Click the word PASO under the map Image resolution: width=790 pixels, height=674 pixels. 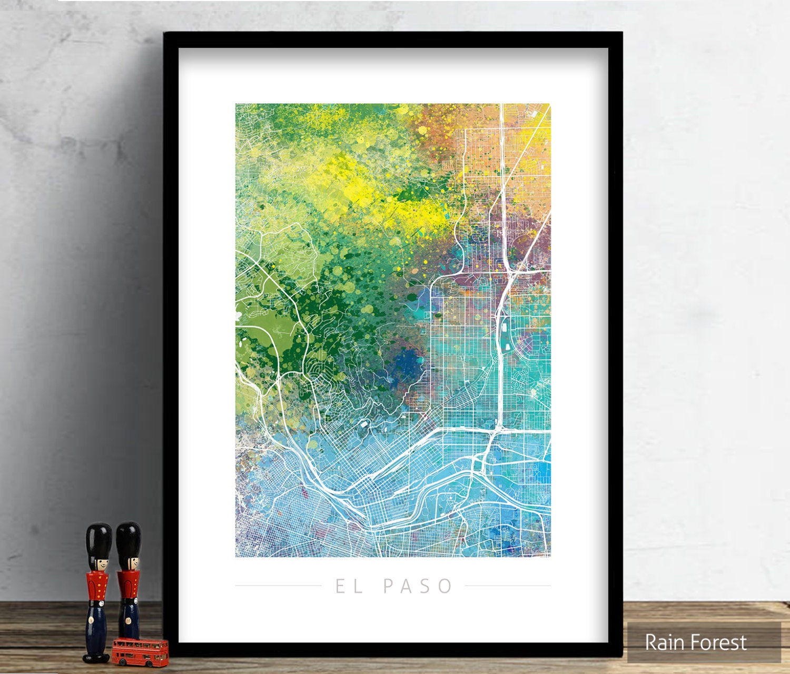tap(418, 586)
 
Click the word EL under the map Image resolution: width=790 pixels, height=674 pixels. tap(349, 586)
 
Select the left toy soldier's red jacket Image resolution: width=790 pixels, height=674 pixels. tap(98, 584)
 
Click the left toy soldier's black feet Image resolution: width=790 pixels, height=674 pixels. tap(96, 657)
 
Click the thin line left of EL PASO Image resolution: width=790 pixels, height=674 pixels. tap(278, 586)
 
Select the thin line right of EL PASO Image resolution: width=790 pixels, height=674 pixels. tap(508, 586)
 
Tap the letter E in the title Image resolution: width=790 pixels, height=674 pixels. tap(342, 586)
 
